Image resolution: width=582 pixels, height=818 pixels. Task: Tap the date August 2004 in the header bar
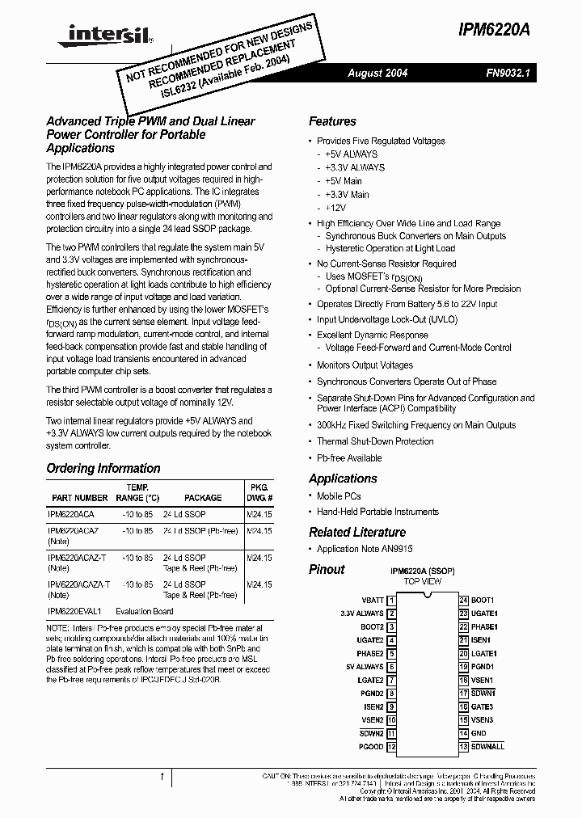[377, 74]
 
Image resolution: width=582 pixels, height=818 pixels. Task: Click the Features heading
[332, 121]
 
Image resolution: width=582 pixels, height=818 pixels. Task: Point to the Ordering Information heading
[103, 469]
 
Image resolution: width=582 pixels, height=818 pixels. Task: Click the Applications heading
[343, 479]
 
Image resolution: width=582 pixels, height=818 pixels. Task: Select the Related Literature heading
[357, 532]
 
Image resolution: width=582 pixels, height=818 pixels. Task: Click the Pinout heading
[327, 569]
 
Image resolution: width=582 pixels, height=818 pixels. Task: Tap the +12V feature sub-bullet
[337, 208]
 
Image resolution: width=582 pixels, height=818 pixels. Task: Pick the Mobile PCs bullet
[339, 496]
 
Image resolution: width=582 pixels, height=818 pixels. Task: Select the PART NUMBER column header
[79, 499]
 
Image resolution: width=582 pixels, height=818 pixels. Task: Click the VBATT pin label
[373, 601]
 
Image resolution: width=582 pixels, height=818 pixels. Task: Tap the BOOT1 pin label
[483, 601]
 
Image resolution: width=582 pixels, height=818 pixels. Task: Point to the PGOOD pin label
[372, 747]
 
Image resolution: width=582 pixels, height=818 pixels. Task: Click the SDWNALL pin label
[487, 747]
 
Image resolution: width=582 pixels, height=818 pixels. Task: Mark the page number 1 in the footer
[162, 777]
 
